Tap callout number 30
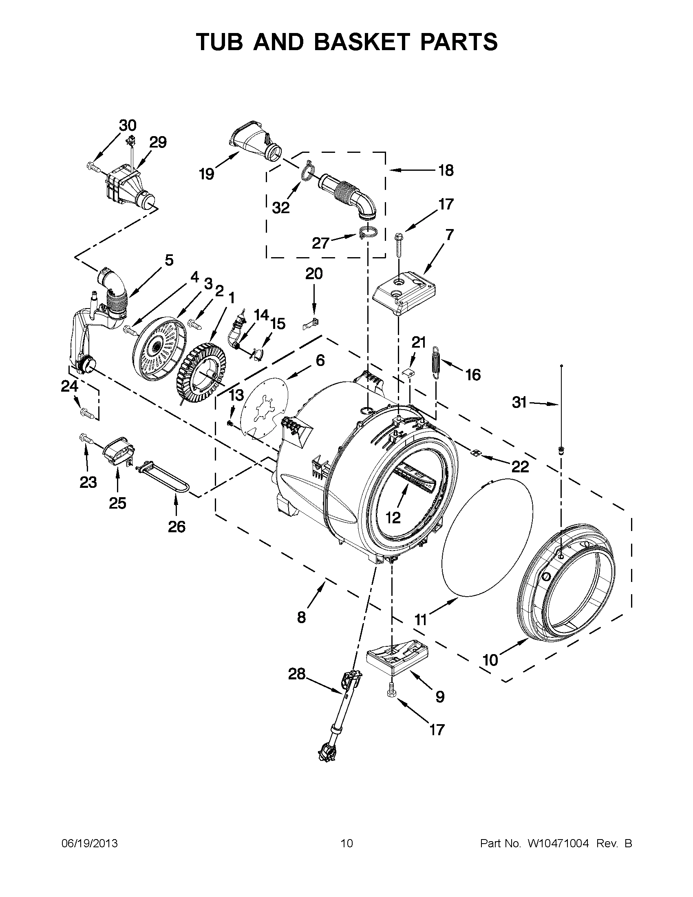128,125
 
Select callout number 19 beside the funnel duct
207,174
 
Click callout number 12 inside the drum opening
393,518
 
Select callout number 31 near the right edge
519,403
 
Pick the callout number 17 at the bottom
437,730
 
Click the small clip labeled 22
476,453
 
